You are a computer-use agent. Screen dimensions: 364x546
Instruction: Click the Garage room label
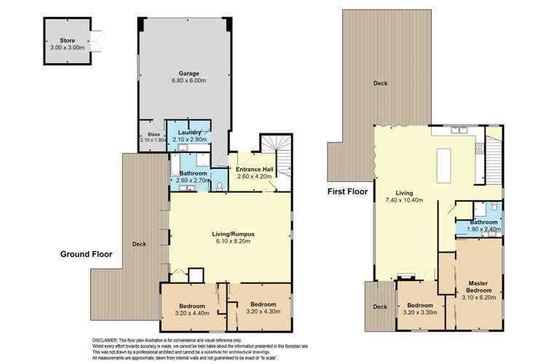click(x=189, y=74)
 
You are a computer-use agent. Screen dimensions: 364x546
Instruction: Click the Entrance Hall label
click(x=253, y=169)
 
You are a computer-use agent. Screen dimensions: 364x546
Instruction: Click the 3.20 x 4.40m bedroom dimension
click(x=193, y=313)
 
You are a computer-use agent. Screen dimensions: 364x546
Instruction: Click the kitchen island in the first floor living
click(x=443, y=165)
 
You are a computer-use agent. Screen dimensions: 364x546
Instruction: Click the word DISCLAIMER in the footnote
click(x=108, y=340)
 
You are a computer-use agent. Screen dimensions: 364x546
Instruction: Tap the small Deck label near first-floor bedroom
click(x=379, y=306)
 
